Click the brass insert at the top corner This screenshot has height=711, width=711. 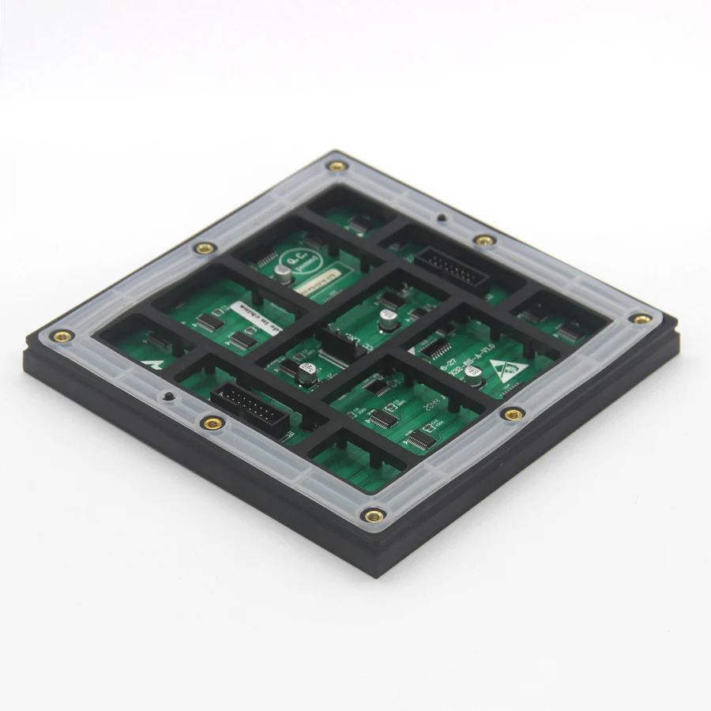(338, 167)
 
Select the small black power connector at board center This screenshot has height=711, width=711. (336, 345)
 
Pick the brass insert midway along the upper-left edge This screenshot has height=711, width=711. (205, 248)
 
